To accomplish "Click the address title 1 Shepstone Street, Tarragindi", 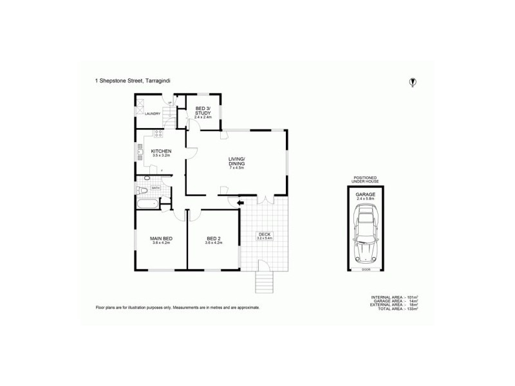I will (x=133, y=81).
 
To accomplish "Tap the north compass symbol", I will (x=413, y=82).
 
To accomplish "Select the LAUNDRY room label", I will (x=153, y=114).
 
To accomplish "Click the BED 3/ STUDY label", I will (x=203, y=111).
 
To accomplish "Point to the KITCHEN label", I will (x=161, y=152).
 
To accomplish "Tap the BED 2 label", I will (x=213, y=240).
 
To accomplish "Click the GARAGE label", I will (x=365, y=195).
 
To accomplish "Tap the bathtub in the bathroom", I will (x=147, y=205).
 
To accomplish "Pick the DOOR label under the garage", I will (x=365, y=270).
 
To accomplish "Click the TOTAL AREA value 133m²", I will (x=409, y=309).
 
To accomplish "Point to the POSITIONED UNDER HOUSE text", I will (x=365, y=179).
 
